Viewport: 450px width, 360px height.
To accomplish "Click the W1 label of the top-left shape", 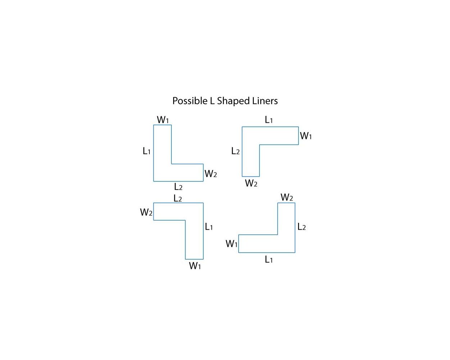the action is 163,120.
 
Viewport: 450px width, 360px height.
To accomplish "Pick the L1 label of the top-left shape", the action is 147,151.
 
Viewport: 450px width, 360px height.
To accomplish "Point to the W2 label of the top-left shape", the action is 211,174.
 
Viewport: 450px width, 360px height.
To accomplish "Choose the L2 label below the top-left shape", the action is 178,186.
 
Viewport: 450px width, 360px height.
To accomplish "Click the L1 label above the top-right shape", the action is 269,120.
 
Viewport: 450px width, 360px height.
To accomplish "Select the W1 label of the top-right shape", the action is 306,136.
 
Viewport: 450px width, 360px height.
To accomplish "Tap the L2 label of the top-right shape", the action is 235,151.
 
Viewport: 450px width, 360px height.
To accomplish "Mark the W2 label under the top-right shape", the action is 251,183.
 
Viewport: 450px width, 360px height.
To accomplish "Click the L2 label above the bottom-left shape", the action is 178,198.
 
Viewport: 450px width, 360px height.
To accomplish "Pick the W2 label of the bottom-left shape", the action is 146,212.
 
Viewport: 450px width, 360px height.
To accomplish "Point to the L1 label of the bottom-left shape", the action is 209,226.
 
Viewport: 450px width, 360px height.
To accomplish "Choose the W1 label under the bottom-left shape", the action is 195,266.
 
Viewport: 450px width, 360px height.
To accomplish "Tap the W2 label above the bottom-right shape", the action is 287,197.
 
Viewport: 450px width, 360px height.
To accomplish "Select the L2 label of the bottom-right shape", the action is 302,226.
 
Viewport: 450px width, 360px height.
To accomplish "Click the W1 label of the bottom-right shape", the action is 231,244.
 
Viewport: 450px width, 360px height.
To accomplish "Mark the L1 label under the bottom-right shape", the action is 269,260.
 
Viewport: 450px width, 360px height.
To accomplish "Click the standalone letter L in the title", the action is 212,101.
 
